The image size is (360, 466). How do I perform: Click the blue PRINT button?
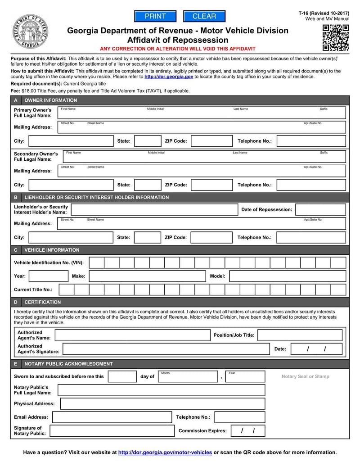tap(155, 16)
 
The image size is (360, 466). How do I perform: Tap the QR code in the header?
tap(336, 38)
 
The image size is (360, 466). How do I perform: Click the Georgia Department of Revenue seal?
tap(31, 32)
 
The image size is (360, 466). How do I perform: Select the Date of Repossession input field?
tap(320, 209)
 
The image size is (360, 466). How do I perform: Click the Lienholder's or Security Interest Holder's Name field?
tap(154, 209)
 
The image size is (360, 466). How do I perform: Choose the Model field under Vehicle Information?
tap(288, 276)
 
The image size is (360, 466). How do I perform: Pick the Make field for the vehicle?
tap(147, 276)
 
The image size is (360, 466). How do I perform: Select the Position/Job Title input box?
tap(300, 335)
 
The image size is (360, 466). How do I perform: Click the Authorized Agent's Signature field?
tap(166, 349)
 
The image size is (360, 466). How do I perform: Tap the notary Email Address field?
tap(112, 417)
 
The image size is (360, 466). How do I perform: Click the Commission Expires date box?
tap(247, 431)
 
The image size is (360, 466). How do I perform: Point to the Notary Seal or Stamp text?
tap(305, 376)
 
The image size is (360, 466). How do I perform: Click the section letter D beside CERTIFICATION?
tap(16, 302)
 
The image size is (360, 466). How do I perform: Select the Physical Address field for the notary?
tap(162, 404)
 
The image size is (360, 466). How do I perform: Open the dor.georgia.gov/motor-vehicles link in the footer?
tap(165, 452)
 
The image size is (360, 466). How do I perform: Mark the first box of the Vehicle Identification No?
tap(97, 262)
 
